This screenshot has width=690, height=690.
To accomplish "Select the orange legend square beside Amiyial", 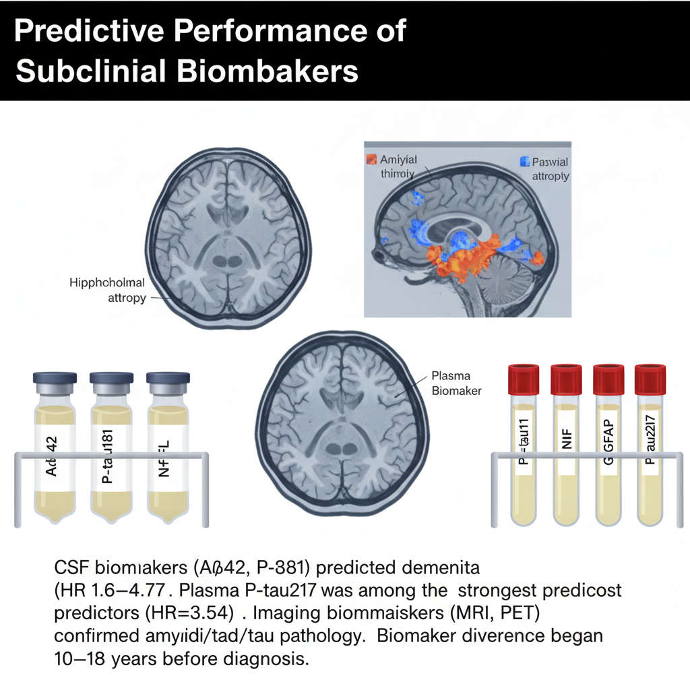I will coord(370,160).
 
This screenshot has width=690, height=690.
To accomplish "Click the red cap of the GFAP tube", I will coord(608,379).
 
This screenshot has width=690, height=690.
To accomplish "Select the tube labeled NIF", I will coord(566,458).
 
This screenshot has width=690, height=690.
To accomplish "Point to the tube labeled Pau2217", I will coord(650,458).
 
